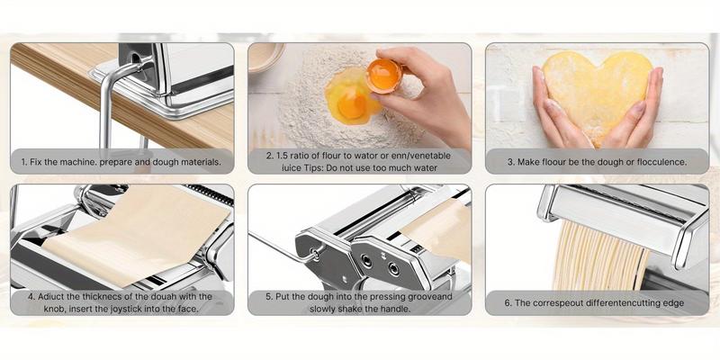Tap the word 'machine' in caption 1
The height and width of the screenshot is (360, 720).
tap(74, 162)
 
